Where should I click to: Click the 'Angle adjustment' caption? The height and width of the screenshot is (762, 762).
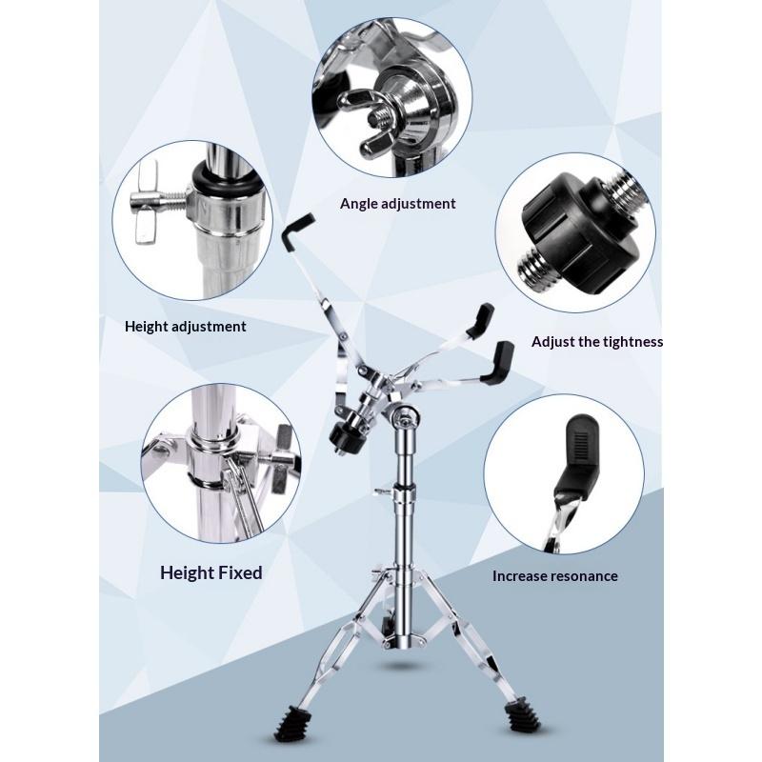click(397, 203)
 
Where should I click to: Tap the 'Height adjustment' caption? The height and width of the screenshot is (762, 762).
click(186, 326)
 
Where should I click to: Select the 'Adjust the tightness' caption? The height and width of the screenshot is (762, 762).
click(596, 341)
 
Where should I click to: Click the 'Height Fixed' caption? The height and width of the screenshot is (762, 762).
click(211, 572)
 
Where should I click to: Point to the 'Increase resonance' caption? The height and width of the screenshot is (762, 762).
click(554, 575)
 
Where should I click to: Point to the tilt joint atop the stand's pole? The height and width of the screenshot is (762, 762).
click(408, 419)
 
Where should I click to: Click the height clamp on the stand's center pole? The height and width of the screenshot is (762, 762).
click(407, 492)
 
